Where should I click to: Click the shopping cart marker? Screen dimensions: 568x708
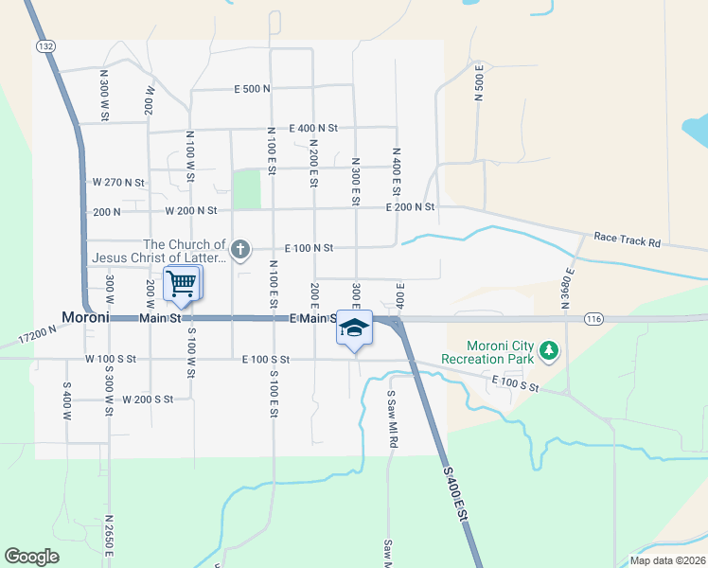click(182, 283)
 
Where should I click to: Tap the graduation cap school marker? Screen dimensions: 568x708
click(354, 328)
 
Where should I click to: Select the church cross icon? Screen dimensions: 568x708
click(240, 250)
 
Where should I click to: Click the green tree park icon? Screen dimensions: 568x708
click(549, 352)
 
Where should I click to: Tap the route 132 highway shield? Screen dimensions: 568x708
click(44, 45)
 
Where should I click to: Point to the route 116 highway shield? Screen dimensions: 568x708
click(593, 318)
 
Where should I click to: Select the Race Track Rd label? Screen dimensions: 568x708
click(627, 241)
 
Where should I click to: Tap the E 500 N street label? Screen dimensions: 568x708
click(253, 89)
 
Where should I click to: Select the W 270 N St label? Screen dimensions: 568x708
click(118, 182)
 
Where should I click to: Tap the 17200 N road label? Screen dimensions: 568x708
click(39, 335)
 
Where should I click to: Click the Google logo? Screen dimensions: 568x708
click(31, 557)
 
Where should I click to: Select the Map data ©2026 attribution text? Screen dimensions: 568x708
click(667, 560)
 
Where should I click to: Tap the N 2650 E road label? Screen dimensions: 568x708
click(110, 540)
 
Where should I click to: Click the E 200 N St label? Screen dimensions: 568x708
click(410, 206)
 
